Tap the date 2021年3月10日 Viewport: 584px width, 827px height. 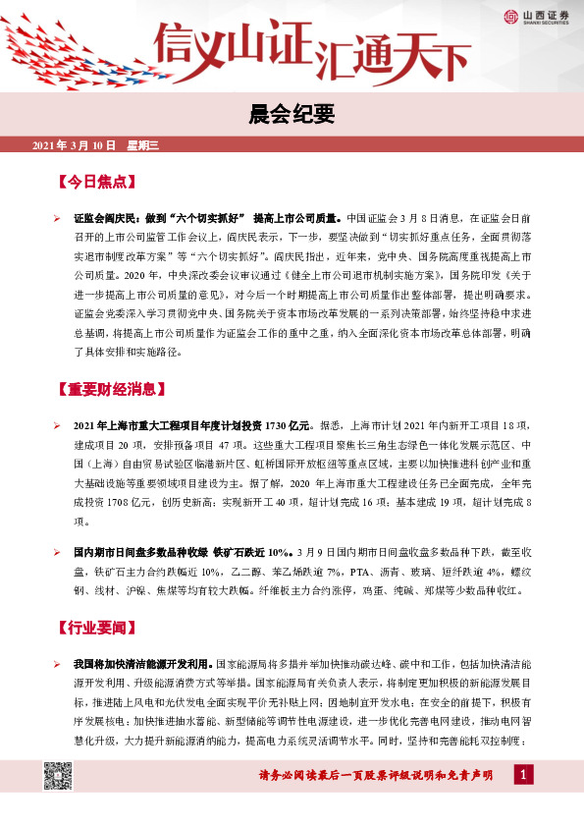tap(75, 146)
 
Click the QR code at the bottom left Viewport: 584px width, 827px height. tap(56, 776)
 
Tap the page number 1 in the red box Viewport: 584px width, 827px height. tap(524, 777)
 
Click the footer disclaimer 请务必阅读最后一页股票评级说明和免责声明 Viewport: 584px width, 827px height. tap(373, 777)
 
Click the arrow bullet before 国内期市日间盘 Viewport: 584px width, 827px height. tap(57, 551)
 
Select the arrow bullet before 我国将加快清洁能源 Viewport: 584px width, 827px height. tap(57, 665)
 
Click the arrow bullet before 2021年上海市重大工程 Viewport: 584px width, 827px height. tap(57, 425)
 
